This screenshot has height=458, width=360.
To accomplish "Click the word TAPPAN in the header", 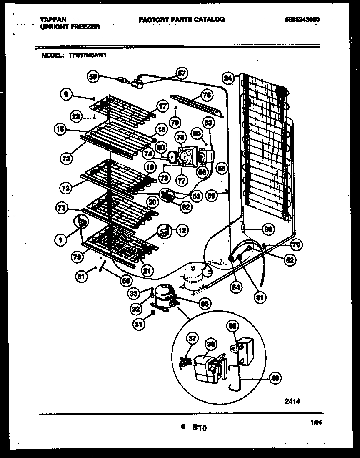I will click(x=51, y=20).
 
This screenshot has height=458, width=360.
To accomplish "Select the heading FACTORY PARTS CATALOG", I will click(x=181, y=20).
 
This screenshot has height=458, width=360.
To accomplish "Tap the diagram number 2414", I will click(x=292, y=401).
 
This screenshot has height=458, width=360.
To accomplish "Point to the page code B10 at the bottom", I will click(x=200, y=427).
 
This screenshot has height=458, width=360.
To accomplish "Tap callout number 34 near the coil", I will click(x=228, y=78).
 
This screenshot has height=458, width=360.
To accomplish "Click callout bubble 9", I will click(x=65, y=95).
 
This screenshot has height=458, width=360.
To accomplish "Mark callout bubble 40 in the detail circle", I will click(x=274, y=378).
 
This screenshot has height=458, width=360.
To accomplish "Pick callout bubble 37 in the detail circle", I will click(x=192, y=339).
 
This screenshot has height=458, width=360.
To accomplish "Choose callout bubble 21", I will click(x=145, y=271).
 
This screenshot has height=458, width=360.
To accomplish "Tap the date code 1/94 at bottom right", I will click(x=316, y=423).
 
